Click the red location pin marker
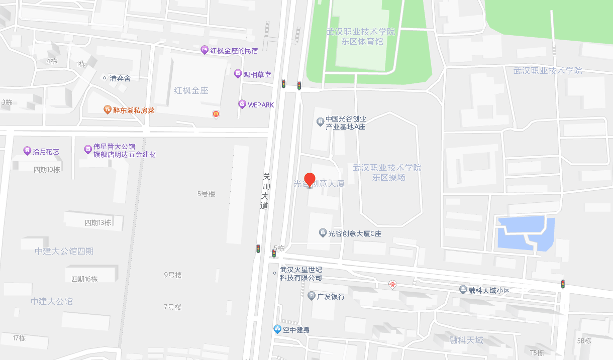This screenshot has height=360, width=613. [310, 179]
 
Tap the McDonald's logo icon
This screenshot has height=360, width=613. [216, 114]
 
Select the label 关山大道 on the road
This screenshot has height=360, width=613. [265, 191]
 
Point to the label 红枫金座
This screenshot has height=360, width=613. [191, 91]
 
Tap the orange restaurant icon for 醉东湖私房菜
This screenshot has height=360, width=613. [107, 109]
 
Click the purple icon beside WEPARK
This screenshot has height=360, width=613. [242, 104]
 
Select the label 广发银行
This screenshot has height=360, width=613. [331, 296]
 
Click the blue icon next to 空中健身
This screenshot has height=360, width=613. [277, 329]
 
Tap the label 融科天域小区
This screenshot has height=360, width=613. [489, 290]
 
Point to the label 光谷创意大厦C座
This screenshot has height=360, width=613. [355, 233]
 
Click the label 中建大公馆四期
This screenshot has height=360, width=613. [64, 251]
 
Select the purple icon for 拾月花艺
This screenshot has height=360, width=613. [27, 151]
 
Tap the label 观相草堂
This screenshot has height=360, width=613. [257, 74]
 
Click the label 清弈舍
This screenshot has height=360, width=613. [120, 78]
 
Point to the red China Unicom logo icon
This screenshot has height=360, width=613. [392, 285]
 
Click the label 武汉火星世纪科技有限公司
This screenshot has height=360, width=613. [301, 274]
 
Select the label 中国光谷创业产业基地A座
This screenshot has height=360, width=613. [346, 123]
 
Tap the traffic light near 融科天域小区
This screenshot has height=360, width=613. [562, 284]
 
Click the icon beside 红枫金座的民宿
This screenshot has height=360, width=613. [205, 50]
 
